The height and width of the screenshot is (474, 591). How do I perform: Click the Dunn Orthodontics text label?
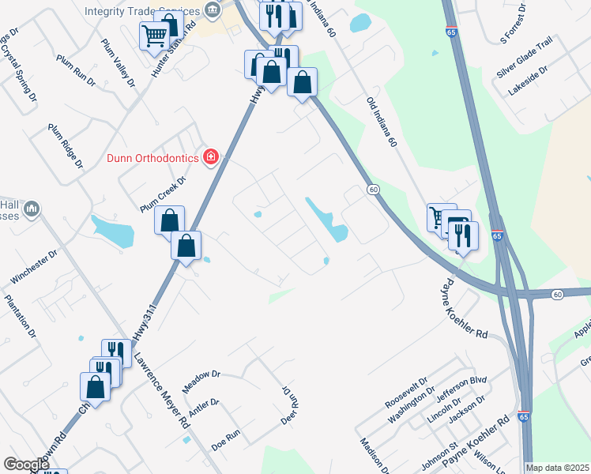tap(152, 158)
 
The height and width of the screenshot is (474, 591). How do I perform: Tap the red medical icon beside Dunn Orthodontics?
tap(211, 157)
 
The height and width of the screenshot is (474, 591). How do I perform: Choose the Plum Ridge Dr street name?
tap(66, 146)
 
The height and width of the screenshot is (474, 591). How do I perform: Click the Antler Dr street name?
tap(203, 408)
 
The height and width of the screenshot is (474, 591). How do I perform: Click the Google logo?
tap(27, 465)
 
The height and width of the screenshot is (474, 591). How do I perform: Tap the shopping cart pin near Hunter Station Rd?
tap(154, 35)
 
